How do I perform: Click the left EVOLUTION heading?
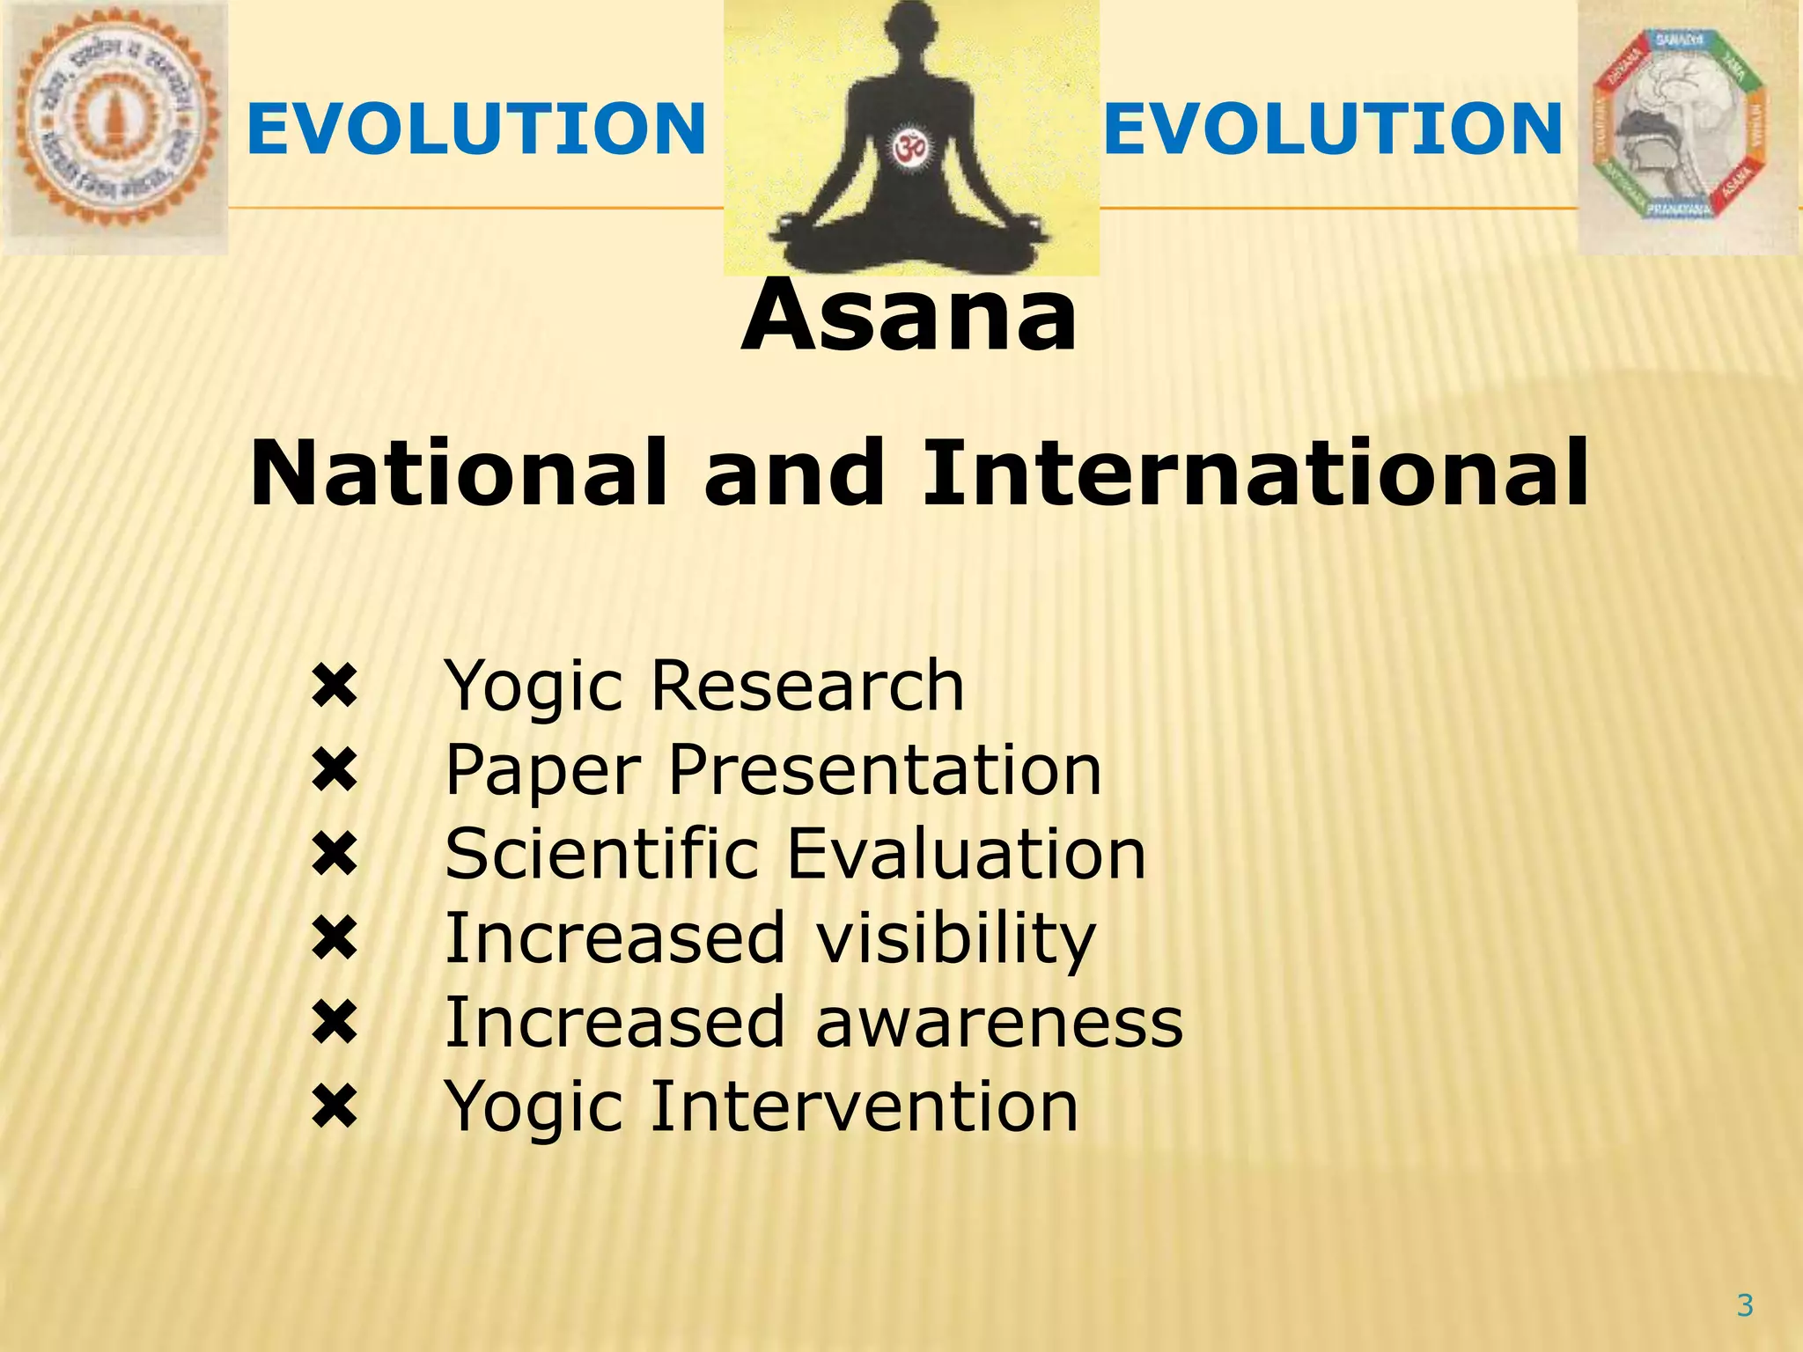pos(476,129)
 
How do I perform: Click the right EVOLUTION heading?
pos(1333,129)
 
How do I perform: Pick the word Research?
pos(807,686)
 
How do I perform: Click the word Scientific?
pos(601,854)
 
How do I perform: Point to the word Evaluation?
pos(967,854)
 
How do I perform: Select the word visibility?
pos(956,938)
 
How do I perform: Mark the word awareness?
pos(999,1022)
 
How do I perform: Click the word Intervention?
pos(865,1106)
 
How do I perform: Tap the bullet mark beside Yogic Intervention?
pos(335,1107)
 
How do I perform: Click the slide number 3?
pos(1745,1304)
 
